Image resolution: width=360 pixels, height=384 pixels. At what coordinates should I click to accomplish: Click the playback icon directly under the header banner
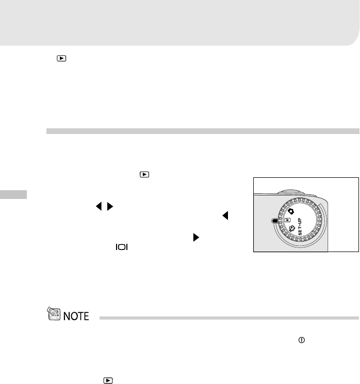pyautogui.click(x=61, y=58)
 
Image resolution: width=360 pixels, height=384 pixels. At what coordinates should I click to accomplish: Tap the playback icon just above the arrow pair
pyautogui.click(x=144, y=174)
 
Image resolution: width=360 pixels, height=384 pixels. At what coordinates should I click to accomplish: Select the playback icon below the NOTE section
pyautogui.click(x=108, y=380)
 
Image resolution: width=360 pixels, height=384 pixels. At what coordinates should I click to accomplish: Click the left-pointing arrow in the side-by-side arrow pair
pyautogui.click(x=99, y=207)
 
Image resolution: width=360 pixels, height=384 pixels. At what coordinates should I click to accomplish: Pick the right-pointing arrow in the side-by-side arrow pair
pyautogui.click(x=110, y=207)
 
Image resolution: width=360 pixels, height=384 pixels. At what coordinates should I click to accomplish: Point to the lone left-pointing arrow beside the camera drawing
pyautogui.click(x=225, y=215)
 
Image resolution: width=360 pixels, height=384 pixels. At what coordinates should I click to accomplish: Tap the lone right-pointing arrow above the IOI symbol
pyautogui.click(x=196, y=237)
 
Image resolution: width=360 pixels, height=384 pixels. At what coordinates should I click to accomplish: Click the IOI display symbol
pyautogui.click(x=122, y=247)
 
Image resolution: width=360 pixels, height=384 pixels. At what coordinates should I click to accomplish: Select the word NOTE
pyautogui.click(x=76, y=316)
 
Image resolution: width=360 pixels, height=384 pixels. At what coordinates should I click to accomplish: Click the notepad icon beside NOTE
pyautogui.click(x=54, y=313)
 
